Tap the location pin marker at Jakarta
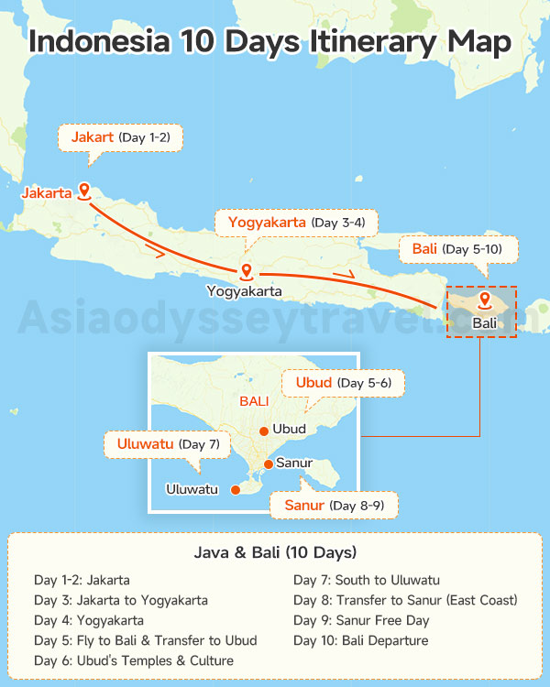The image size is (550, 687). point(84,191)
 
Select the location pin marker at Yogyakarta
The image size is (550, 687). point(246,270)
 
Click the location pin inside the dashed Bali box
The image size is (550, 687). point(484,300)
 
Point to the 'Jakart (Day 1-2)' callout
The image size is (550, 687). point(120,138)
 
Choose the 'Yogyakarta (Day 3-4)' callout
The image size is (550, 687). point(295,223)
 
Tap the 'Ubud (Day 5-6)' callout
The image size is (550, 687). point(343,382)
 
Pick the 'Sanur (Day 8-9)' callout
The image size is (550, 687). point(335,506)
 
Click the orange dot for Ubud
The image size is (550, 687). point(263,430)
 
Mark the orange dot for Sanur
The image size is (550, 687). point(268,463)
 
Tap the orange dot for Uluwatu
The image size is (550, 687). point(236,490)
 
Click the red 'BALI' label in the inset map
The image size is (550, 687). point(254,402)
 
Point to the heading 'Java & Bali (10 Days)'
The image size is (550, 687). point(275,552)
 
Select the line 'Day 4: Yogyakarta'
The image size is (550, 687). point(89,620)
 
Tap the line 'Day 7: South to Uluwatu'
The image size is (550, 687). point(367,580)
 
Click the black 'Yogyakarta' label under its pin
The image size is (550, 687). point(244,292)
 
